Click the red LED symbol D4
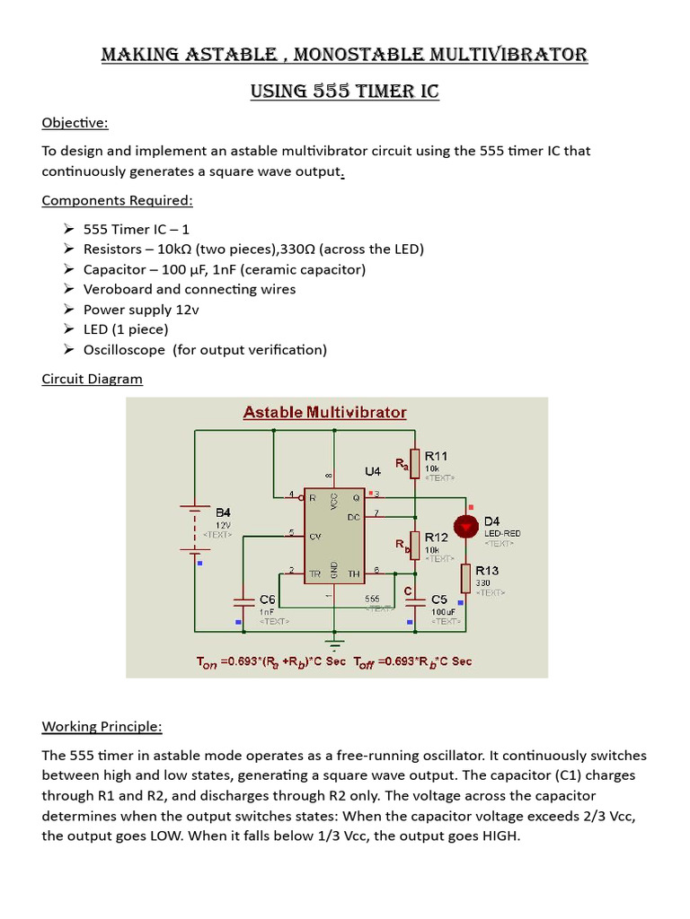(x=465, y=527)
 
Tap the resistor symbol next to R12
(x=414, y=543)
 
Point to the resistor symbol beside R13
(x=465, y=577)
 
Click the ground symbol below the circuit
(x=334, y=643)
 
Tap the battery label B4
(x=223, y=512)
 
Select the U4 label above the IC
(x=373, y=471)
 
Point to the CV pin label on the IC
(x=315, y=536)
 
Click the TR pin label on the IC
(x=315, y=573)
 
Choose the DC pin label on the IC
(x=354, y=517)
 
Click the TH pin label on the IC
(x=354, y=573)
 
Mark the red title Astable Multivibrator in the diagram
(x=325, y=413)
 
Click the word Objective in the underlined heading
(x=74, y=122)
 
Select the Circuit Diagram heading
(x=92, y=379)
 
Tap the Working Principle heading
(x=102, y=726)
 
